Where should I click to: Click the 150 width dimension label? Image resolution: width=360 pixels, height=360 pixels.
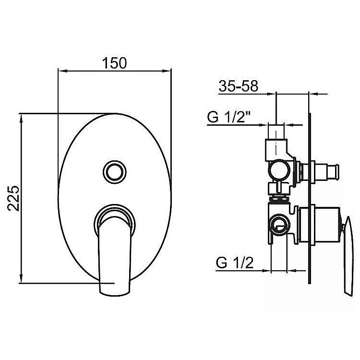coord(114,63)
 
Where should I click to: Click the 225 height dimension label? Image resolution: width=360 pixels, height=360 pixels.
coord(13,198)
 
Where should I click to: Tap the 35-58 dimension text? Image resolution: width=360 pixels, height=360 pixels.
coord(238,86)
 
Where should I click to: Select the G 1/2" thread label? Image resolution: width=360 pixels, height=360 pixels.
coord(228,117)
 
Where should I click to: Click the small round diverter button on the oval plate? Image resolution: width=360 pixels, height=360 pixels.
coord(114,172)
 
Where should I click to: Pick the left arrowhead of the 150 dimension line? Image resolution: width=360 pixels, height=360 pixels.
coord(61,71)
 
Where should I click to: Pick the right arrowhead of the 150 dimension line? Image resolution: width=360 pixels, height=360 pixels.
coord(168,71)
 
